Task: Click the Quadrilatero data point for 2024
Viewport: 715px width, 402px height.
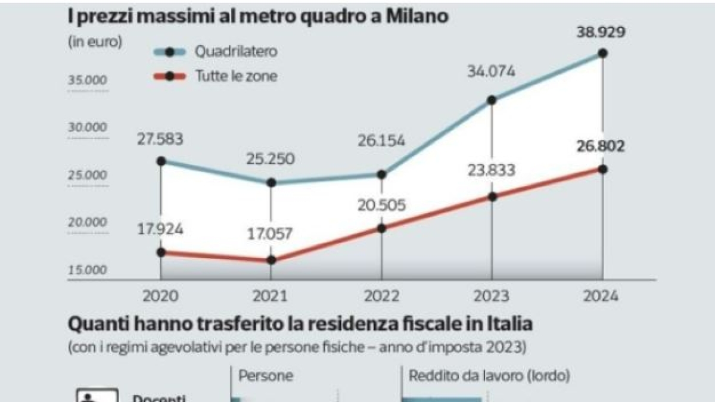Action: [x=602, y=53]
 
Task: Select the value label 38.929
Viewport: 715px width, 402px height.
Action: [x=601, y=32]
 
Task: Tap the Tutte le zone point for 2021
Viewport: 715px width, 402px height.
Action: [x=271, y=260]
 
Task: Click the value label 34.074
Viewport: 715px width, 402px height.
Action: [x=492, y=73]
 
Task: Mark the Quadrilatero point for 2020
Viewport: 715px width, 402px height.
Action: [x=161, y=161]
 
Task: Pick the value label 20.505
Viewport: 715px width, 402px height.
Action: [x=381, y=205]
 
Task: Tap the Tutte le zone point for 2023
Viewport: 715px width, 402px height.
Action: [x=492, y=197]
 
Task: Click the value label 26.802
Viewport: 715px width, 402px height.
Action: [x=601, y=147]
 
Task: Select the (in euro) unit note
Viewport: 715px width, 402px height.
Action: [x=94, y=42]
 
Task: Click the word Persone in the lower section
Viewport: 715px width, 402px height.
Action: [x=266, y=376]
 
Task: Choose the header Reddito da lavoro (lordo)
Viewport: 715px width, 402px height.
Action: [x=489, y=376]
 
